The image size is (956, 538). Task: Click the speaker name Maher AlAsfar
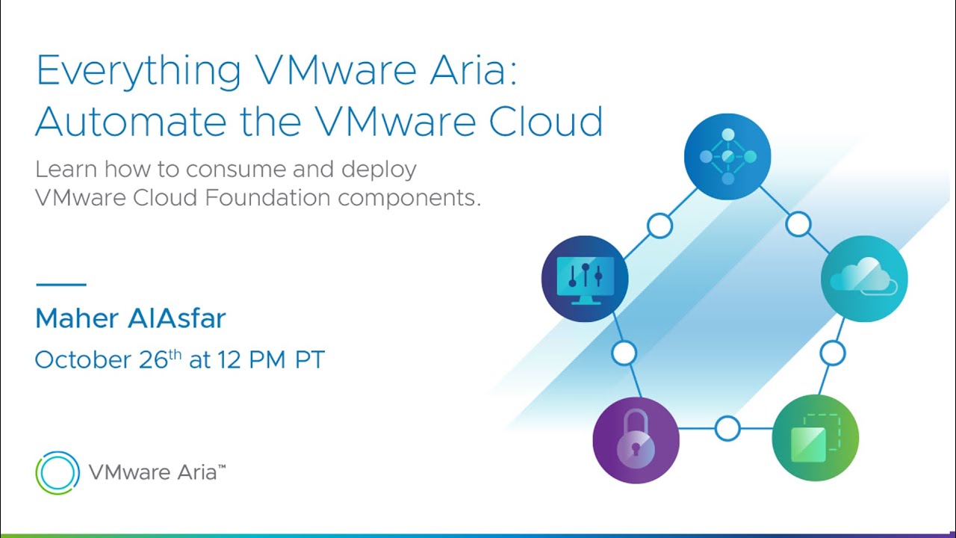tap(130, 319)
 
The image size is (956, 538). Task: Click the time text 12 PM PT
tap(271, 360)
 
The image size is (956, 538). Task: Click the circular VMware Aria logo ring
tap(58, 472)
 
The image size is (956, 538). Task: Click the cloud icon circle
tap(864, 279)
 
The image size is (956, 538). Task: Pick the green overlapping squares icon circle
tap(815, 438)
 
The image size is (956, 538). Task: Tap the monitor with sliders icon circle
tap(585, 279)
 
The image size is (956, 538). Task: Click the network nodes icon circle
tap(727, 156)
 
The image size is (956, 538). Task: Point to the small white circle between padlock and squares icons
tap(727, 429)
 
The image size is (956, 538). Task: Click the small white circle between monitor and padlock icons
tap(624, 353)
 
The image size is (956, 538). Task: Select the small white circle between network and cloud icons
tap(798, 223)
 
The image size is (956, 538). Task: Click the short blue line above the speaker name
tap(61, 284)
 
